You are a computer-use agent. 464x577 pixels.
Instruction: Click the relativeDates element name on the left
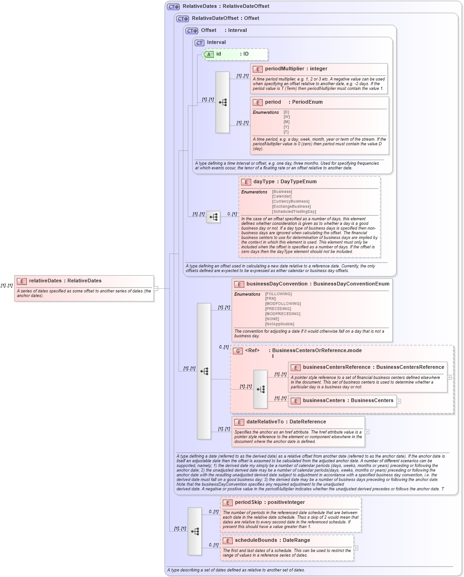pos(45,281)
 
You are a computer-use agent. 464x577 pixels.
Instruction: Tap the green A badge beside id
pos(209,55)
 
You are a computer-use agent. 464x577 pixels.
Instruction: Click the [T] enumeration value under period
pos(286,132)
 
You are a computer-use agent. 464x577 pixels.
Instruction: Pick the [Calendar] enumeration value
pos(282,197)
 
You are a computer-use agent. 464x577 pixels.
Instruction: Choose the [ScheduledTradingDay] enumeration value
pos(294,211)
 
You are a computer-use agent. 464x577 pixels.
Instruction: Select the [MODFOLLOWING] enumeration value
pos(283,304)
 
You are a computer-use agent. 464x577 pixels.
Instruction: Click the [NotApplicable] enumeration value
pos(279,324)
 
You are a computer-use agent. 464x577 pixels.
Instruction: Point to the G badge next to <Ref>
pos(238,351)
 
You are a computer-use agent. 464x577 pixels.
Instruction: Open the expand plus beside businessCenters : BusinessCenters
pos(399,401)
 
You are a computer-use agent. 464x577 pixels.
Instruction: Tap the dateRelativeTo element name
pos(265,422)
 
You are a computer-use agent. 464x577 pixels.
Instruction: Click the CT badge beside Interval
pos(199,43)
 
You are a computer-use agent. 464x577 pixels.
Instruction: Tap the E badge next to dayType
pos(246,182)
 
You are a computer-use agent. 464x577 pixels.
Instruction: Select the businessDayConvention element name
pos(277,284)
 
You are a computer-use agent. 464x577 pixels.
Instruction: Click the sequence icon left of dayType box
pos(213,217)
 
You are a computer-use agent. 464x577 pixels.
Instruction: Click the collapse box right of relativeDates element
pos(156,288)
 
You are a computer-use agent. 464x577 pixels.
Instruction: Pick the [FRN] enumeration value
pos(270,299)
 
